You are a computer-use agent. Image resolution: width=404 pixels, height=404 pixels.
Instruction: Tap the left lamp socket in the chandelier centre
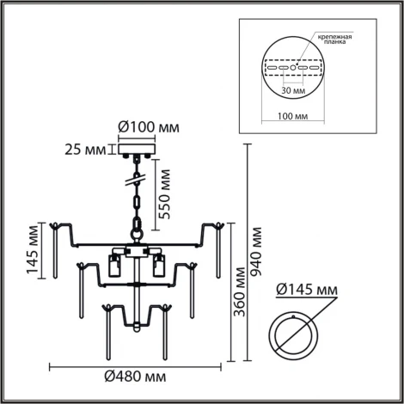click(x=114, y=264)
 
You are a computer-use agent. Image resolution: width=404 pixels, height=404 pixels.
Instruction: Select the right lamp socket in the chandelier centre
click(x=159, y=264)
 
